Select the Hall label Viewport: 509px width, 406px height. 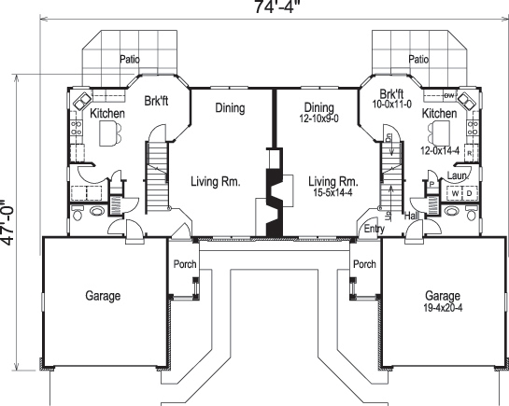point(412,217)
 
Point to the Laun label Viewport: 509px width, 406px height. point(457,174)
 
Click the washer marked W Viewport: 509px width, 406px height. point(454,193)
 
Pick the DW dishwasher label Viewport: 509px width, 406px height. point(448,94)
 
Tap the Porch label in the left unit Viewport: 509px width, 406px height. point(185,264)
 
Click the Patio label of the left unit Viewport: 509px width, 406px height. point(129,59)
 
